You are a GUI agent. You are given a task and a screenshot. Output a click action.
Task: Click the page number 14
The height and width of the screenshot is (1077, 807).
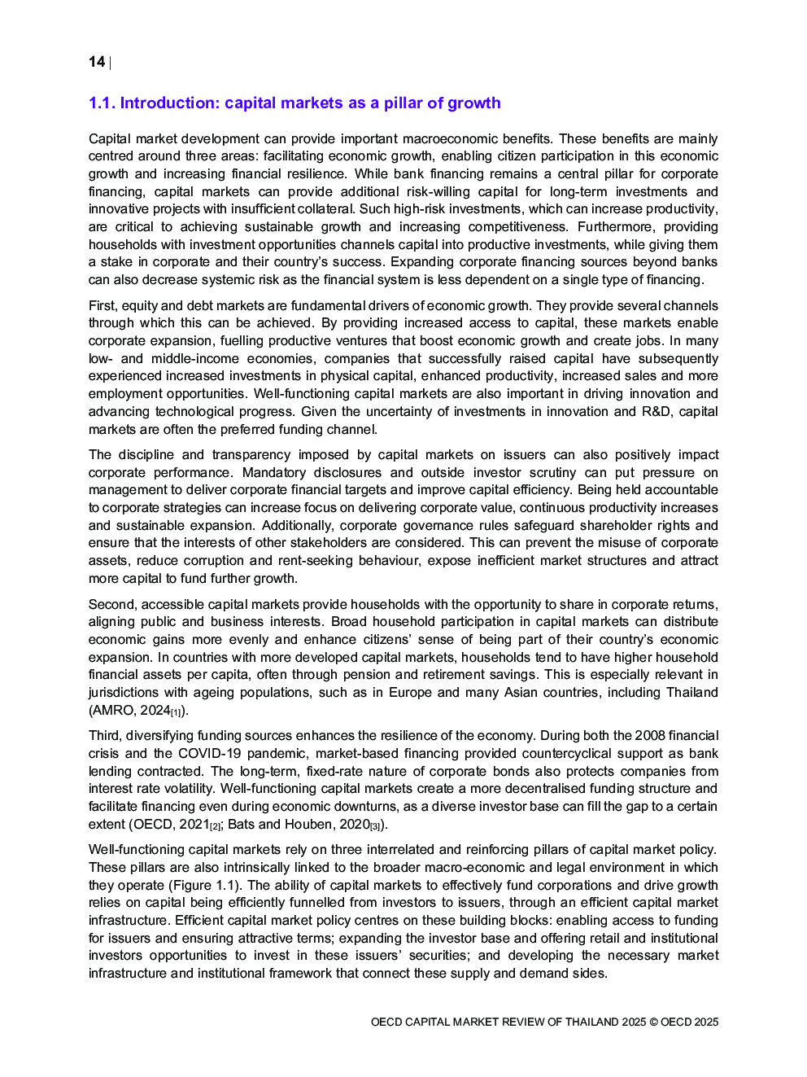click(x=97, y=62)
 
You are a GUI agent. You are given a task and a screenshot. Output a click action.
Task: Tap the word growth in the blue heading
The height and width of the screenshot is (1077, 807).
click(x=473, y=103)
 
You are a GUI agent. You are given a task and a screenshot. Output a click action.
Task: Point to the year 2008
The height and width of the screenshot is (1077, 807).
click(x=650, y=735)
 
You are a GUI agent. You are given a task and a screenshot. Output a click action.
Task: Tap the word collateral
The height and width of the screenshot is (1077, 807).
click(x=326, y=209)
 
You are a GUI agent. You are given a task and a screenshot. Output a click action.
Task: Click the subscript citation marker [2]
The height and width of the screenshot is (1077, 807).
click(x=215, y=826)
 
